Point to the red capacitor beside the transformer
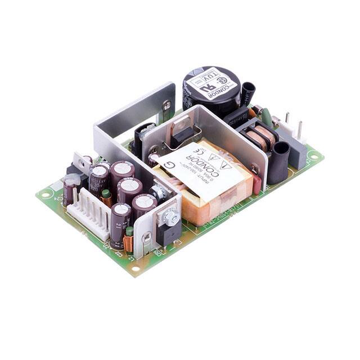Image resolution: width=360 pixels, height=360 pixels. pyautogui.click(x=256, y=183)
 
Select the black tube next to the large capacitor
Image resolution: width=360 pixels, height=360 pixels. pyautogui.click(x=248, y=92)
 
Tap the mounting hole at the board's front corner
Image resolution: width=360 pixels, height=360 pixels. pyautogui.click(x=134, y=268)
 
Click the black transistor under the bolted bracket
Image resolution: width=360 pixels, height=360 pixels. pyautogui.click(x=169, y=233)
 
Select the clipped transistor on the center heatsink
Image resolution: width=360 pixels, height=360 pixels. pyautogui.click(x=181, y=134)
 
